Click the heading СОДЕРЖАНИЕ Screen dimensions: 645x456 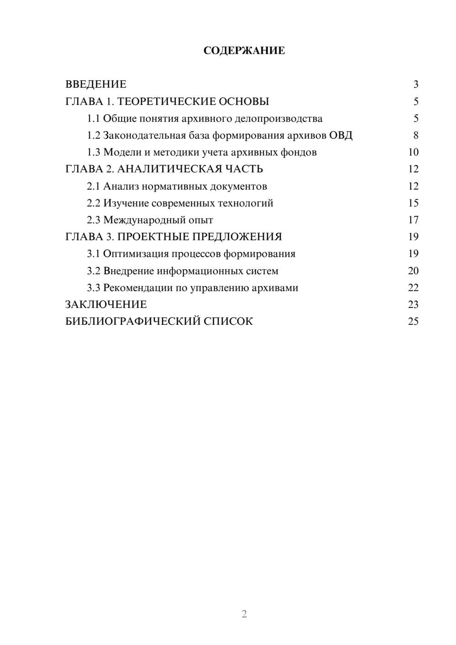tap(244, 51)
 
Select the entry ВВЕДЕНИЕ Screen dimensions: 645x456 tap(96, 84)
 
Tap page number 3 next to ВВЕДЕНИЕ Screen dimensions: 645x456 tap(415, 84)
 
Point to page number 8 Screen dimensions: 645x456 tap(415, 135)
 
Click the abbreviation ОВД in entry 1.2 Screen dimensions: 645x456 tap(341, 135)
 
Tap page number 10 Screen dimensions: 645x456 tap(413, 152)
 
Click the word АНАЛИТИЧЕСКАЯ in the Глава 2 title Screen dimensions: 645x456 tap(169, 169)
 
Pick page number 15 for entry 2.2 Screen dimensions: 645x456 tap(413, 203)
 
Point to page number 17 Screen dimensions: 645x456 tap(413, 220)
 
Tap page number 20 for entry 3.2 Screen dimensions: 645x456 tap(413, 271)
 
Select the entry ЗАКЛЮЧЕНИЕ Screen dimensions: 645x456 tap(106, 305)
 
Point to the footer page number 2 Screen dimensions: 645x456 tap(244, 614)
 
